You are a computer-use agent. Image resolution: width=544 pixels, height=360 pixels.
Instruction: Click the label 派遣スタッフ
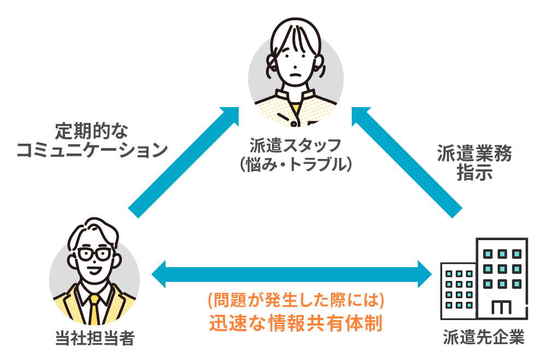point(295,145)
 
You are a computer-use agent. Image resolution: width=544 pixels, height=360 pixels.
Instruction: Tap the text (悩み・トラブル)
point(295,164)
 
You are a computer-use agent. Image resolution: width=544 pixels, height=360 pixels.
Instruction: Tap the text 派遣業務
point(474,154)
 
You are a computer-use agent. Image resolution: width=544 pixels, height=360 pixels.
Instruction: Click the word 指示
point(474,173)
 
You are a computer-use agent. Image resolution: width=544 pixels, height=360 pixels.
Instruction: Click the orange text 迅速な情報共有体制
point(295,323)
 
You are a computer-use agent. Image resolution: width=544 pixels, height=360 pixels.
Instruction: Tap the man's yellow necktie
point(94,309)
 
